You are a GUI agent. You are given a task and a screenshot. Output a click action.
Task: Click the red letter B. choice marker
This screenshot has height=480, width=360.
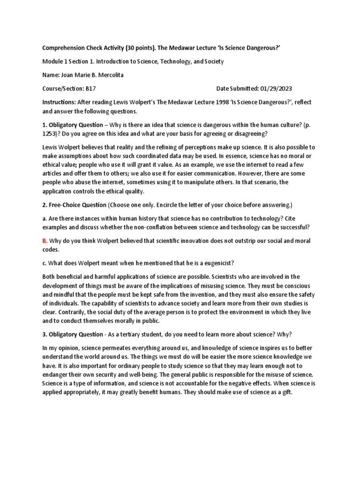(45, 241)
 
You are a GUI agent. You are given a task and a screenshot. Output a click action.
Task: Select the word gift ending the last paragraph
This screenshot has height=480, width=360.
(285, 392)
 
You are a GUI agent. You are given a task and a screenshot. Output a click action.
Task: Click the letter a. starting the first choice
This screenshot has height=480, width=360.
(45, 218)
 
